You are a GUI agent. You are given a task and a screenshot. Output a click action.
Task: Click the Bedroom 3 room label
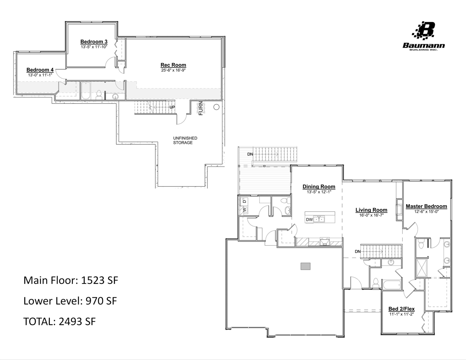click(x=94, y=42)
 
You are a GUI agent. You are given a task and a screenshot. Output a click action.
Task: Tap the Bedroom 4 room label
click(x=40, y=70)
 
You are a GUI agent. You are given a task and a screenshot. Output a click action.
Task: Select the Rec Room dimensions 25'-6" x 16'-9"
click(x=173, y=70)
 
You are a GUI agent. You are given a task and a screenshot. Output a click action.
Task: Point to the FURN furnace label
click(x=201, y=108)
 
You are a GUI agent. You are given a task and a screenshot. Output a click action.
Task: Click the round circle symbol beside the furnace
click(x=216, y=107)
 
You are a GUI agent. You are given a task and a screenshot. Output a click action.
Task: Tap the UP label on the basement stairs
click(x=172, y=107)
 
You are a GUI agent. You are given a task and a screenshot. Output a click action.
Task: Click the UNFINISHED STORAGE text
click(x=185, y=140)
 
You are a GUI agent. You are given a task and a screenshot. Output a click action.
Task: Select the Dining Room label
click(x=319, y=187)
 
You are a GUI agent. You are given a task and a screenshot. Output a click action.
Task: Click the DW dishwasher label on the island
click(x=309, y=219)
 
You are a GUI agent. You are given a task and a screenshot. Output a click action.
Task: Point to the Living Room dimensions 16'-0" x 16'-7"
click(x=371, y=215)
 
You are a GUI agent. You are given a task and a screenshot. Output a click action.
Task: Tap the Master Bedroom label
click(x=426, y=206)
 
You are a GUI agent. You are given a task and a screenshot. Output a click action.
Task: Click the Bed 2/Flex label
click(x=401, y=309)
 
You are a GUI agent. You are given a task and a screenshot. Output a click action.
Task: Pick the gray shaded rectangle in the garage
click(x=305, y=266)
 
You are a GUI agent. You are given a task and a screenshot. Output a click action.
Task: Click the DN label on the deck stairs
click(x=250, y=154)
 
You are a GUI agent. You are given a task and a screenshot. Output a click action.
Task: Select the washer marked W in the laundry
click(x=245, y=210)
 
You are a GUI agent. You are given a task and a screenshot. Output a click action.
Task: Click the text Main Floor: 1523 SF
click(x=71, y=280)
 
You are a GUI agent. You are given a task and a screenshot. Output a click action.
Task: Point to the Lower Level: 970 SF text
click(x=70, y=301)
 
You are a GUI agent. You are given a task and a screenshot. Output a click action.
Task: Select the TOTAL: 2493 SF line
click(x=59, y=321)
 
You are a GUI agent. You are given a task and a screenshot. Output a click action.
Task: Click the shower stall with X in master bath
click(x=422, y=268)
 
